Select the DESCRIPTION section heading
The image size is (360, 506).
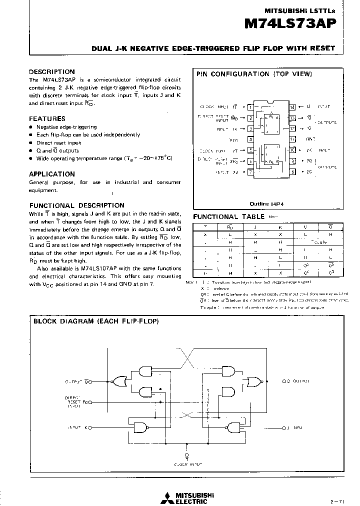pyautogui.click(x=51, y=71)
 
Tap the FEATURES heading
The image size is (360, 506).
pyautogui.click(x=47, y=119)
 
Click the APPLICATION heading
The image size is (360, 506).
pyautogui.click(x=51, y=174)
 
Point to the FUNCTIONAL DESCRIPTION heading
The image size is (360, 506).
pyautogui.click(x=76, y=205)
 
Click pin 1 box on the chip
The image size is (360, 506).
pyautogui.click(x=250, y=107)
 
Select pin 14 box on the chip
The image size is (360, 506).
pyautogui.click(x=292, y=107)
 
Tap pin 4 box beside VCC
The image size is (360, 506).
pyautogui.click(x=250, y=140)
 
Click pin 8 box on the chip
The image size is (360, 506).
pyautogui.click(x=292, y=172)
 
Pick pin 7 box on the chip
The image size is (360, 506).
pyautogui.click(x=250, y=172)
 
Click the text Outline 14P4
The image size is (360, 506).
pyautogui.click(x=266, y=203)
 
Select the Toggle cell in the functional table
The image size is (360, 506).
pyautogui.click(x=318, y=241)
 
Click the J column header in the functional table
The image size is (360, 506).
pyautogui.click(x=255, y=226)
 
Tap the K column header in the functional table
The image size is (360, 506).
pyautogui.click(x=280, y=226)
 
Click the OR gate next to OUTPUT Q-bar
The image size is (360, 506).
pyautogui.click(x=119, y=381)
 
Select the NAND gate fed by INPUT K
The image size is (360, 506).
pyautogui.click(x=145, y=428)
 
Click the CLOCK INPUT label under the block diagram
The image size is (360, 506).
pyautogui.click(x=187, y=464)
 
